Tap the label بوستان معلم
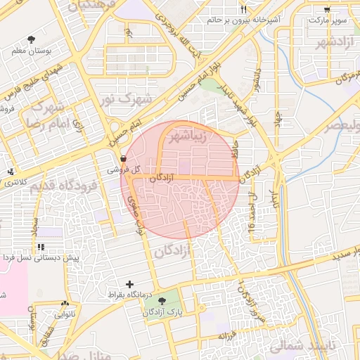coord(29,51)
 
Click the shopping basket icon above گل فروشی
coord(123,159)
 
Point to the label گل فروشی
coord(124,170)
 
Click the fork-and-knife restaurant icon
coord(243,10)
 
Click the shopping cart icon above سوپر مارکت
coord(328,10)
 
